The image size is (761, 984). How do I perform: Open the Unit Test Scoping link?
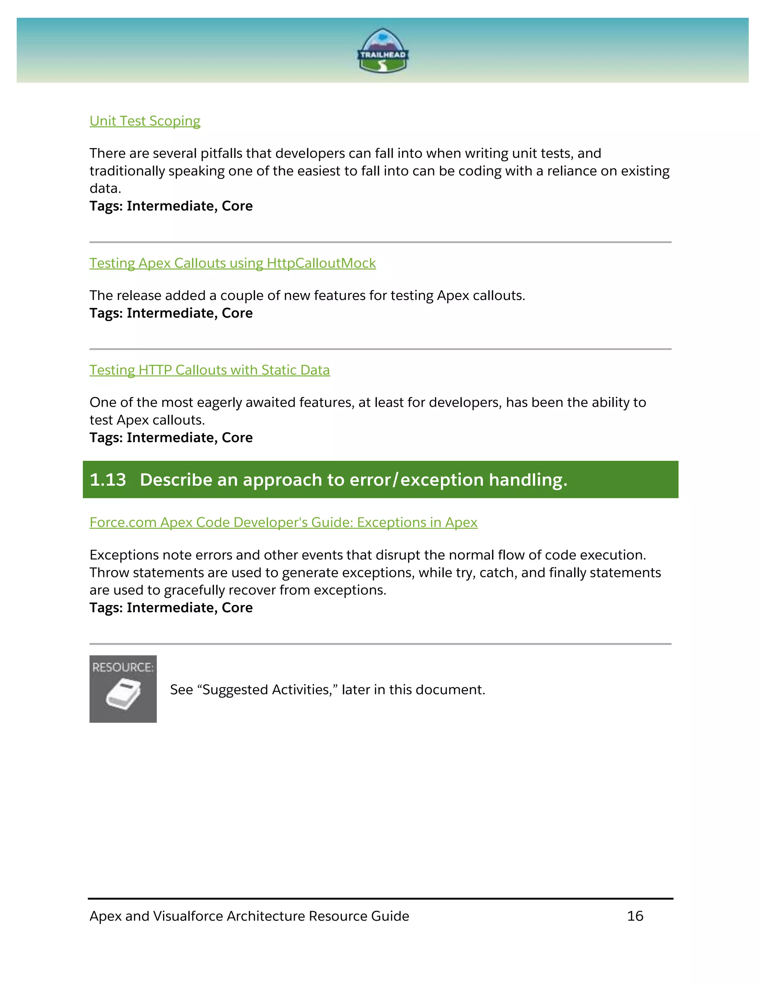(145, 121)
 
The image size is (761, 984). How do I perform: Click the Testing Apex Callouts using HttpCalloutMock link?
(232, 263)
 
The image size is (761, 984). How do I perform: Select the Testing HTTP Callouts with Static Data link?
(209, 370)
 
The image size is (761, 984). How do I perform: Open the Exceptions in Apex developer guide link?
(283, 522)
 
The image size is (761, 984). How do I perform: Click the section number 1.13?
(108, 480)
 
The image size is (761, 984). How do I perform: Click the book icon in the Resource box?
(123, 694)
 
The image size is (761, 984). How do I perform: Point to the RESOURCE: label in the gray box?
(123, 667)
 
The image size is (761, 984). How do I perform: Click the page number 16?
(635, 916)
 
